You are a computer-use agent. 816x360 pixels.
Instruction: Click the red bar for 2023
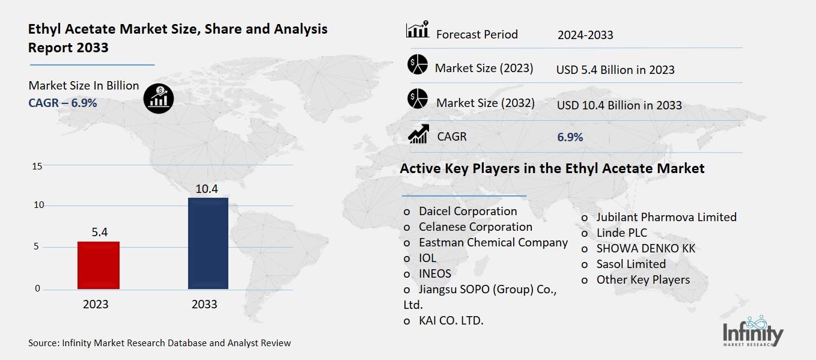click(x=99, y=265)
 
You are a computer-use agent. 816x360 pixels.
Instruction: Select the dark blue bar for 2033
click(x=208, y=243)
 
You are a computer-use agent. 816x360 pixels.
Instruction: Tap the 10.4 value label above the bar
click(x=207, y=189)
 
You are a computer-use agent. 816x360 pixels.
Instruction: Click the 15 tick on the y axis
click(x=37, y=166)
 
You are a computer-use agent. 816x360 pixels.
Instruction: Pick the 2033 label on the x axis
click(x=204, y=305)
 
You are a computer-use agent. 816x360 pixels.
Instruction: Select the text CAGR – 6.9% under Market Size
click(x=62, y=103)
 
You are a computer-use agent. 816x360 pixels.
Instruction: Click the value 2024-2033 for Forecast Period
click(x=585, y=35)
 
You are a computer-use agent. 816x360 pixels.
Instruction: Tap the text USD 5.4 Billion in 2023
click(x=615, y=70)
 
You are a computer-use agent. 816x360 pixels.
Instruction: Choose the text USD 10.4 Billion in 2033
click(x=619, y=105)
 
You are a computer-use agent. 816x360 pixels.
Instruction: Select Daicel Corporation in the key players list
click(x=467, y=212)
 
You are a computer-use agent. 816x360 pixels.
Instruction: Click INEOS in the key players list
click(x=434, y=274)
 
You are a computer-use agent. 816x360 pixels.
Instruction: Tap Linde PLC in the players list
click(x=621, y=233)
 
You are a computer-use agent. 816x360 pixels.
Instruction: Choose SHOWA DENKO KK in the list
click(x=645, y=248)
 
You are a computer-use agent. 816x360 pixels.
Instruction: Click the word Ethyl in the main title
click(x=46, y=28)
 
